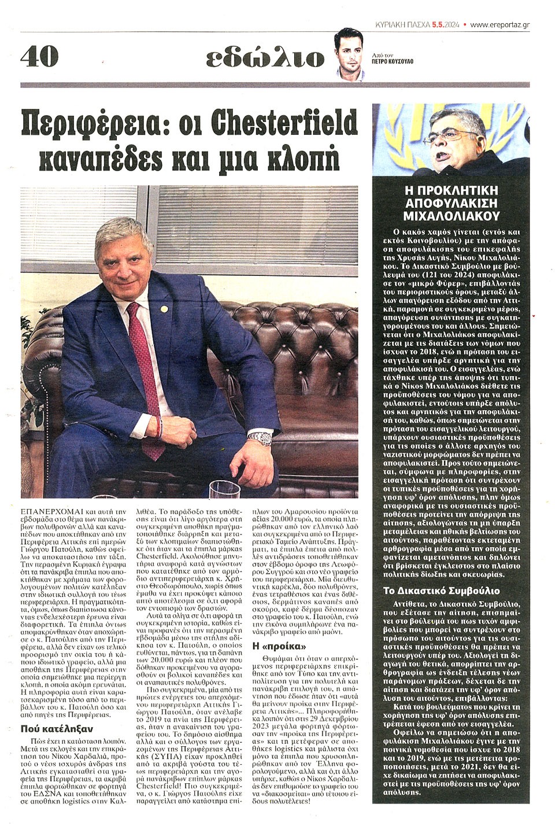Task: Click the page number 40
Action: (40, 57)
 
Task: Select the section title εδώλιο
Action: (265, 58)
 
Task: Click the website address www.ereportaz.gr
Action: (500, 25)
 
